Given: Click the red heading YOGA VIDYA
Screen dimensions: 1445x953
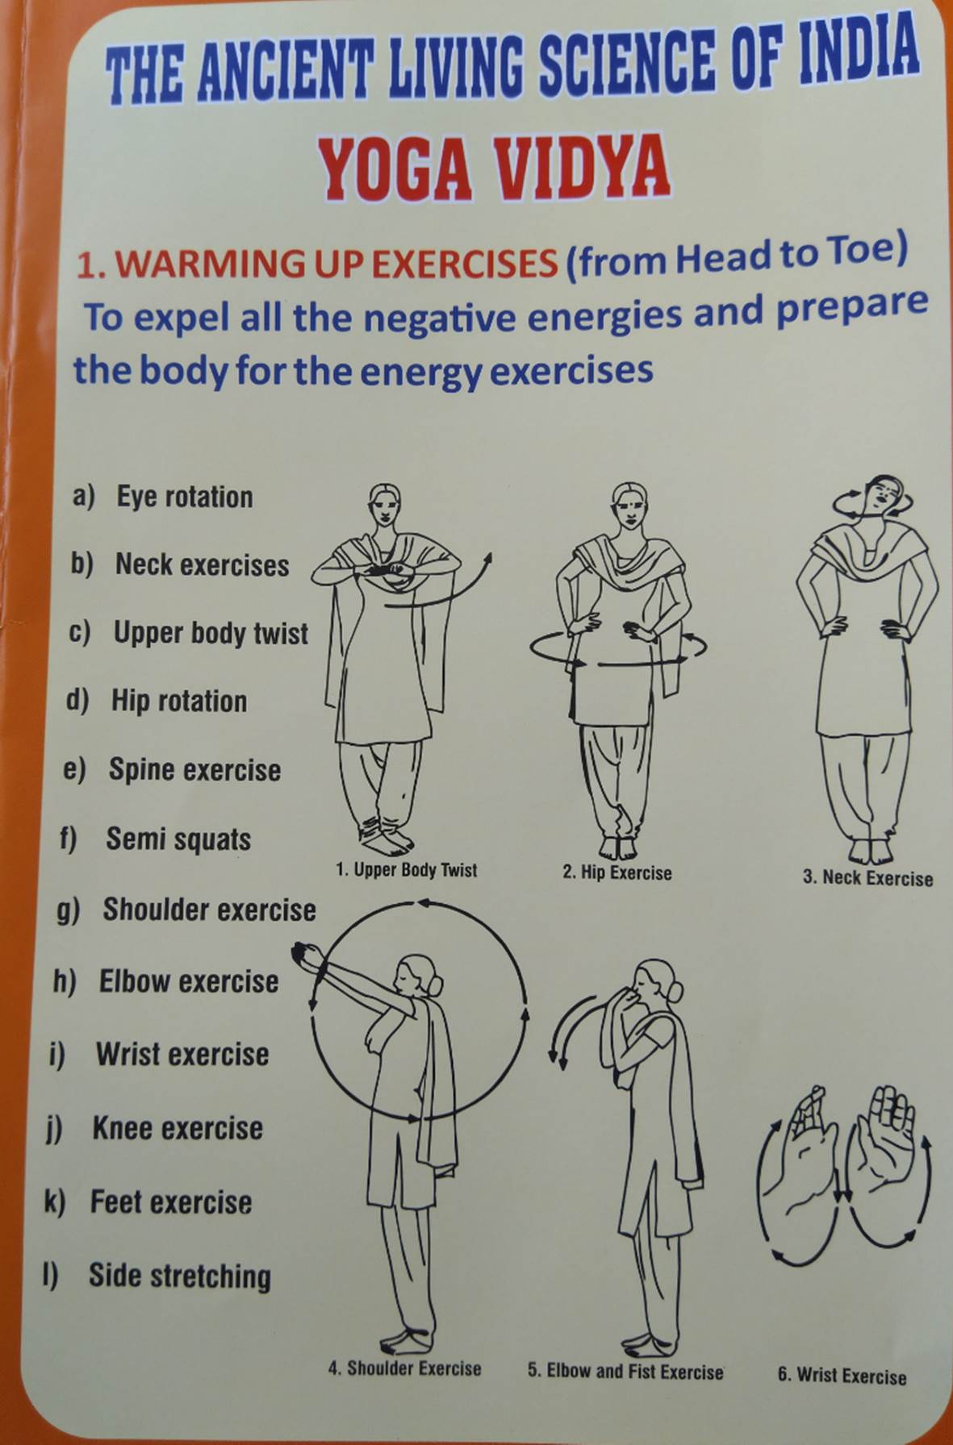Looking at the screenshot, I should coord(494,169).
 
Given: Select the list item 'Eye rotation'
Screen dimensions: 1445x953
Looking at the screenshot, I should coord(184,497).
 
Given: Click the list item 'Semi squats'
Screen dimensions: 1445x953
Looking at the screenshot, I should coord(178,839).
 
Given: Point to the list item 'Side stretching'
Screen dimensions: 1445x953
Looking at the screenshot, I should coord(179,1276).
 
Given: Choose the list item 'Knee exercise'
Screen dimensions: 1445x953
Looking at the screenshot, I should coord(178,1128).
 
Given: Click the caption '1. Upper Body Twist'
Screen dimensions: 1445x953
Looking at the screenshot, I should coord(407,870).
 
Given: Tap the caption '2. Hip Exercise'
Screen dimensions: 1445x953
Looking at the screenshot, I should coord(617,872).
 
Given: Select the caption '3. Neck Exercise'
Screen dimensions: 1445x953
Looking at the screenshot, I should coord(867,878).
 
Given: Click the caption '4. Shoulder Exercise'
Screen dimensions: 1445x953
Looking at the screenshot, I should coord(404,1368).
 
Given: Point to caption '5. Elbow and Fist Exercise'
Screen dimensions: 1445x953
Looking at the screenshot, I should coord(625,1372).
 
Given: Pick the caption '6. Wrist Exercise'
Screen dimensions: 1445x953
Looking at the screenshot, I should coord(842,1376).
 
